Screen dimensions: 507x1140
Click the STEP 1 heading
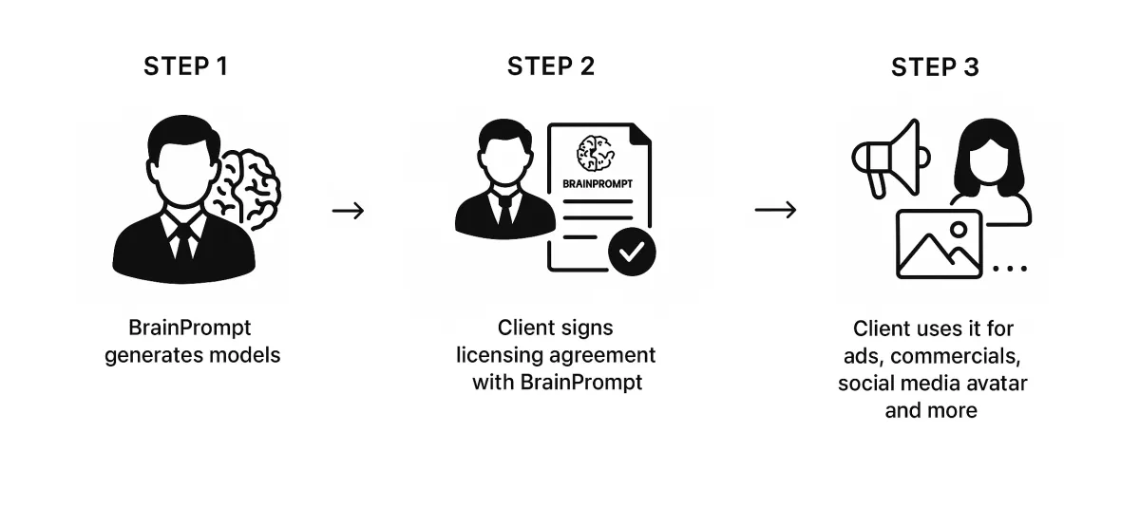(185, 66)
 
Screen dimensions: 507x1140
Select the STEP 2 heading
(551, 66)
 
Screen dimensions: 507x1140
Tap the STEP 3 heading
(935, 67)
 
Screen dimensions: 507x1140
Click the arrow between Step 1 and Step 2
(348, 210)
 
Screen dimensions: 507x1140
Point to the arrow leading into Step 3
(775, 210)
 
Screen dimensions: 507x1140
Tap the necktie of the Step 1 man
(183, 237)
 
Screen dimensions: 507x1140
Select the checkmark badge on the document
(631, 251)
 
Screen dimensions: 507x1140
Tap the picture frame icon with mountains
(940, 245)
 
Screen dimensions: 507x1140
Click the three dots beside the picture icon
(1010, 269)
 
